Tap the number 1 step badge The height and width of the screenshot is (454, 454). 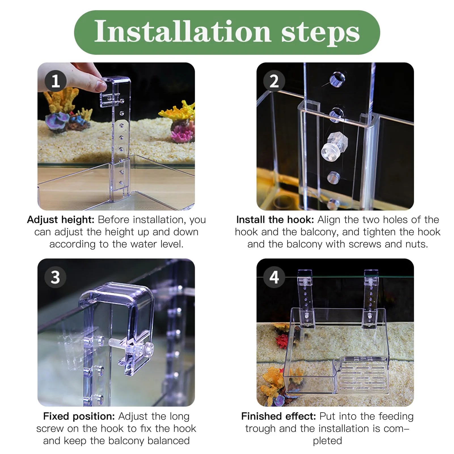[x=56, y=81]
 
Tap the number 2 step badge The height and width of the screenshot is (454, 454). [x=274, y=81]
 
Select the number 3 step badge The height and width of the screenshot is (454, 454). [x=55, y=277]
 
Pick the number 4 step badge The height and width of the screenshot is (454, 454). [x=274, y=277]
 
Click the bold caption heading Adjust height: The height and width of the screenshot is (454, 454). [x=61, y=220]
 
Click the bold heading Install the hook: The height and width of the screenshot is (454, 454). [x=275, y=220]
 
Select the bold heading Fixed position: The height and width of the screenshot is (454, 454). [x=79, y=417]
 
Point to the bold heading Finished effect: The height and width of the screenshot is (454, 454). [x=278, y=416]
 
